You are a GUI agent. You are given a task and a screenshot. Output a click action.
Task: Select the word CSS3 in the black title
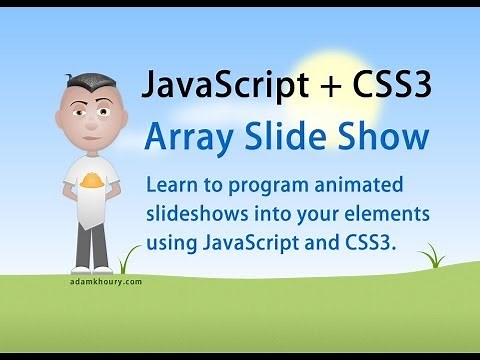pos(391,88)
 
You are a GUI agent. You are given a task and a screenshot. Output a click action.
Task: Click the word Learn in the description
pos(171,186)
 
